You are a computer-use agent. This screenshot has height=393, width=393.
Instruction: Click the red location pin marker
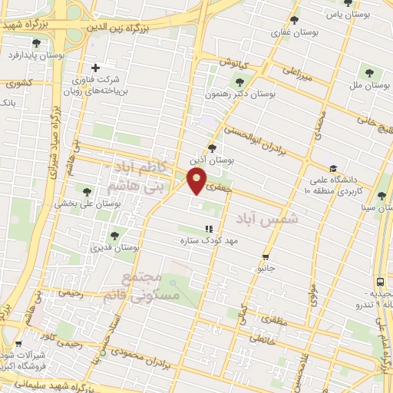pyautogui.click(x=198, y=181)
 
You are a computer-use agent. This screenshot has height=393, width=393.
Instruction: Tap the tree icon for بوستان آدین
pyautogui.click(x=212, y=148)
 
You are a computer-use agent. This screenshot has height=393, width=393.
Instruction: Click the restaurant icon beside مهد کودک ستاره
pyautogui.click(x=208, y=229)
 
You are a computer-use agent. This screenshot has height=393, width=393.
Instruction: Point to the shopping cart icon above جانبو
pyautogui.click(x=266, y=257)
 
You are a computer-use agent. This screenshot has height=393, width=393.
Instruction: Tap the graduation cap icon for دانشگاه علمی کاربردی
pyautogui.click(x=332, y=168)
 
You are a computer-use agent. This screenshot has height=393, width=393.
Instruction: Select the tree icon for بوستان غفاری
pyautogui.click(x=294, y=20)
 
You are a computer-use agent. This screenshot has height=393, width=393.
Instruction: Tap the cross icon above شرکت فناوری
pyautogui.click(x=96, y=68)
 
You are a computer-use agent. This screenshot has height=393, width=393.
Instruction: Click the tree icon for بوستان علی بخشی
pyautogui.click(x=87, y=192)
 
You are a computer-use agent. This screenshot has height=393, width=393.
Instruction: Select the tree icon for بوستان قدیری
pyautogui.click(x=114, y=236)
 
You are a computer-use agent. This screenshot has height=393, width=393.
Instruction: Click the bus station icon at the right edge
pyautogui.click(x=381, y=282)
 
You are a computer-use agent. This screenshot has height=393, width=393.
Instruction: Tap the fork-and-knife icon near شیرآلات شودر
pyautogui.click(x=18, y=344)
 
